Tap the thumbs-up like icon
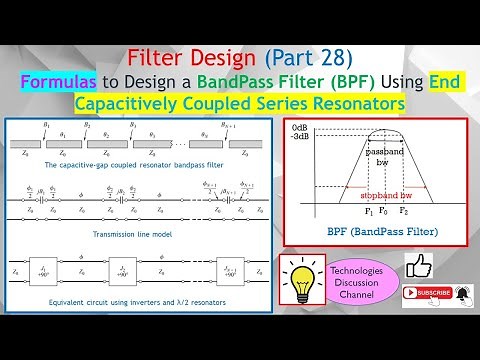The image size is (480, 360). pyautogui.click(x=417, y=267)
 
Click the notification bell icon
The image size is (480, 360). pyautogui.click(x=462, y=293)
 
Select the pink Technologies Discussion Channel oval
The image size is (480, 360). pyautogui.click(x=358, y=283)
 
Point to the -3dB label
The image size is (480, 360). pyautogui.click(x=299, y=140)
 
